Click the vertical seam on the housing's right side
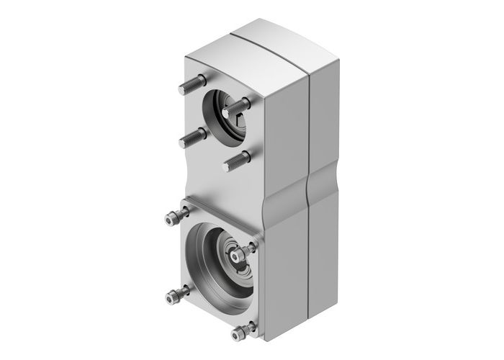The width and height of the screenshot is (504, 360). pyautogui.click(x=308, y=130)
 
